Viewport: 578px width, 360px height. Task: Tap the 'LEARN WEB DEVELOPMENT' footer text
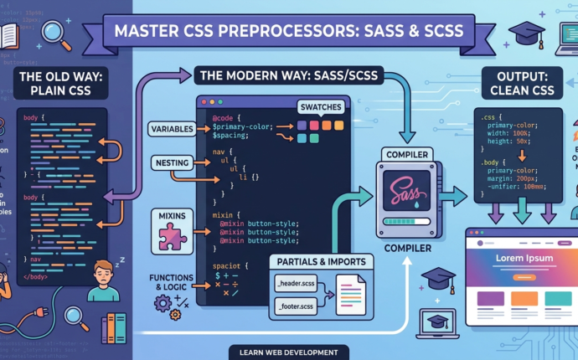point(288,352)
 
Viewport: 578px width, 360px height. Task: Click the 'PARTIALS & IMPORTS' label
point(318,262)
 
